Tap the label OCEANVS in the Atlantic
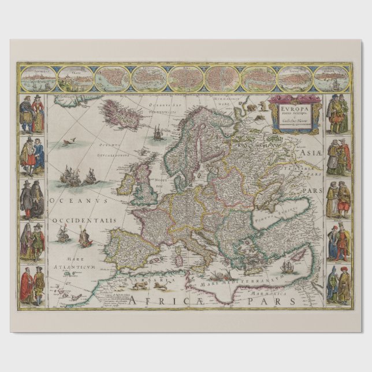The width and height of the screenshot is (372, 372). pyautogui.click(x=73, y=200)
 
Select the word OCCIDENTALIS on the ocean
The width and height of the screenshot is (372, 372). pyautogui.click(x=84, y=221)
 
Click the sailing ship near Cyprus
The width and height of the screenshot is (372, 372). pyautogui.click(x=287, y=267)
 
